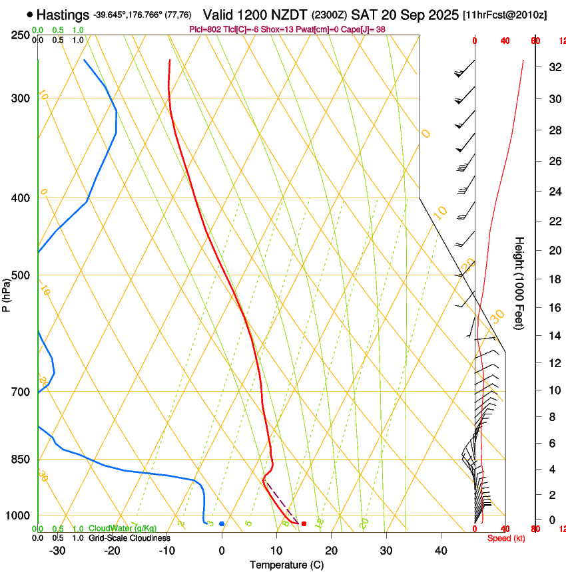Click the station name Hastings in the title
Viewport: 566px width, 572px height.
pyautogui.click(x=63, y=15)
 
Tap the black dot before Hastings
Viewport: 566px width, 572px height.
pyautogui.click(x=30, y=14)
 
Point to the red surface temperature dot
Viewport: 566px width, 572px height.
pyautogui.click(x=304, y=524)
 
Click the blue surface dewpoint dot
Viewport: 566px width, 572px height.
pyautogui.click(x=222, y=524)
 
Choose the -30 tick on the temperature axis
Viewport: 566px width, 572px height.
pyautogui.click(x=57, y=550)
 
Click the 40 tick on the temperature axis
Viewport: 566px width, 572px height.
pyautogui.click(x=441, y=550)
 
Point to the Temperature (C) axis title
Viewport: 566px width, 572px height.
pyautogui.click(x=286, y=565)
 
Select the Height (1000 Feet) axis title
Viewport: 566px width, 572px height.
pyautogui.click(x=520, y=283)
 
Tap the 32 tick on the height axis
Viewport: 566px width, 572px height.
pyautogui.click(x=553, y=67)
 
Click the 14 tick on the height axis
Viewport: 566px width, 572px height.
pyautogui.click(x=553, y=336)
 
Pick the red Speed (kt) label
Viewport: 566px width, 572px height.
pyautogui.click(x=506, y=537)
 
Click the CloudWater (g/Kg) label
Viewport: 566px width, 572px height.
pyautogui.click(x=123, y=528)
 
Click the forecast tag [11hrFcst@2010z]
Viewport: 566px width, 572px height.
pyautogui.click(x=505, y=15)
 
